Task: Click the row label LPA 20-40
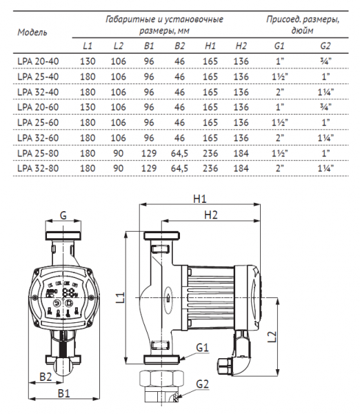click(x=34, y=61)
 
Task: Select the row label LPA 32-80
click(x=34, y=168)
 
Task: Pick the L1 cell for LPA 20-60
click(x=88, y=107)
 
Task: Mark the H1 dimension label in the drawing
click(x=201, y=199)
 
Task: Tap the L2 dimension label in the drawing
click(x=272, y=335)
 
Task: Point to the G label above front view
click(x=63, y=215)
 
